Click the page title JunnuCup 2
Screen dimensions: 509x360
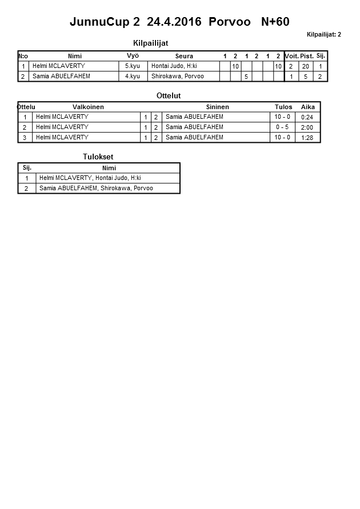(104, 22)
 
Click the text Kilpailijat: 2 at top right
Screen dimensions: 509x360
(323, 35)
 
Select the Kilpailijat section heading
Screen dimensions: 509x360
(150, 43)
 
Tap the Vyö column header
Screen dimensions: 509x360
(133, 56)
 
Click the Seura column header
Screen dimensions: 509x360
(184, 56)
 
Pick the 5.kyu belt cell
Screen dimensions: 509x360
(133, 66)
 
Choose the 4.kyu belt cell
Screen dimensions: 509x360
(133, 76)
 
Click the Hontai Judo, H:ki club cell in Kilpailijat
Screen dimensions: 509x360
(174, 66)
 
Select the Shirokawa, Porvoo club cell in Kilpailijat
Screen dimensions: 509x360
(178, 76)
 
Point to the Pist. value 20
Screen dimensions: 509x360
(305, 67)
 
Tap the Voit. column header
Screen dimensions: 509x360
(291, 56)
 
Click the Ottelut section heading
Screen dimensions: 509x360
(168, 96)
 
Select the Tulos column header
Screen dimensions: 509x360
(283, 107)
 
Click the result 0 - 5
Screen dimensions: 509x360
(282, 127)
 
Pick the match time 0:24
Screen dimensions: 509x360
(307, 118)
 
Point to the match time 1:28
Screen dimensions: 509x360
(307, 138)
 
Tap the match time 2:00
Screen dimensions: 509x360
(307, 127)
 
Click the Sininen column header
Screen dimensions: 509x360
(217, 107)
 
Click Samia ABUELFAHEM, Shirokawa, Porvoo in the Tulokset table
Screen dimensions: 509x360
(96, 188)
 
